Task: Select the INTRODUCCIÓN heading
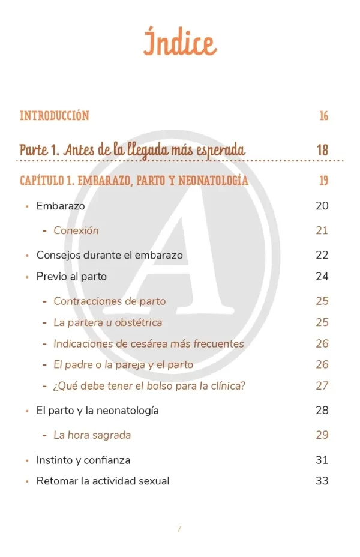(x=55, y=116)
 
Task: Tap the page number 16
(x=323, y=116)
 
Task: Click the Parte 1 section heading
(x=132, y=149)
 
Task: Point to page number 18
(x=322, y=149)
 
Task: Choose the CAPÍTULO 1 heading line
(x=134, y=180)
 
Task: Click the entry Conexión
(x=76, y=230)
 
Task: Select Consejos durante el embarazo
(x=109, y=255)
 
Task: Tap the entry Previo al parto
(x=71, y=277)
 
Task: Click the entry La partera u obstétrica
(x=107, y=322)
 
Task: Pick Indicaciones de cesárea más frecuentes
(x=148, y=344)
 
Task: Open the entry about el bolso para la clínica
(x=149, y=385)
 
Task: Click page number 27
(x=322, y=385)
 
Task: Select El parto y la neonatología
(x=97, y=411)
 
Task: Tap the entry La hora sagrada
(x=92, y=435)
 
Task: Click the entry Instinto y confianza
(x=83, y=460)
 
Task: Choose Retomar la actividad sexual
(x=103, y=481)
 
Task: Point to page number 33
(x=322, y=481)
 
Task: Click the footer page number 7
(x=179, y=529)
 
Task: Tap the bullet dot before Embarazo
(x=27, y=206)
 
